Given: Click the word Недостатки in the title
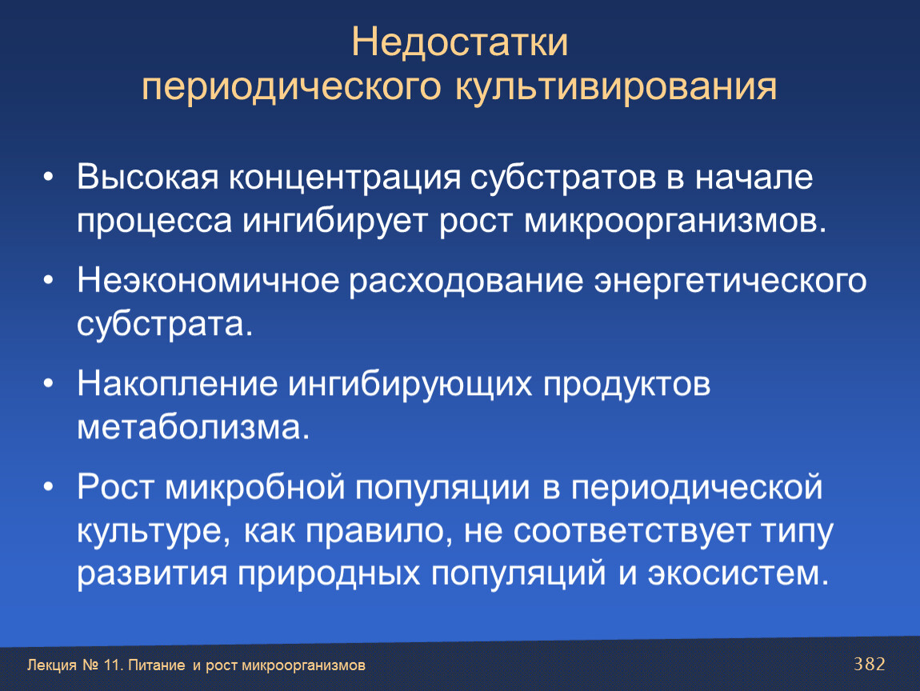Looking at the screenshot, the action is tap(459, 43).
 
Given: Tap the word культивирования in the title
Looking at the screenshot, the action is tap(616, 87).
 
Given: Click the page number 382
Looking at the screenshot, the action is tap(869, 664).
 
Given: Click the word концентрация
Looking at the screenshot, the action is tap(345, 178).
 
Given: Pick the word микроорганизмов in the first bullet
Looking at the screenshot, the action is tap(674, 222).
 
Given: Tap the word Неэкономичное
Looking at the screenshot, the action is tap(208, 281).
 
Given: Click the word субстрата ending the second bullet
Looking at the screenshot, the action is tap(164, 325).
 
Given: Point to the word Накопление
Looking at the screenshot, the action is tap(177, 384).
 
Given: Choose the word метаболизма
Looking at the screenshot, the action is tap(193, 427).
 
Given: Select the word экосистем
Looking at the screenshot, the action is tap(738, 573).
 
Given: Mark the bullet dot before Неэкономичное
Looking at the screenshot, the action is tap(48, 281).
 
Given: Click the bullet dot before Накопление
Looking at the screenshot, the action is tap(48, 384).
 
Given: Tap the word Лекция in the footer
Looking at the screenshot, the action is tap(52, 665).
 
